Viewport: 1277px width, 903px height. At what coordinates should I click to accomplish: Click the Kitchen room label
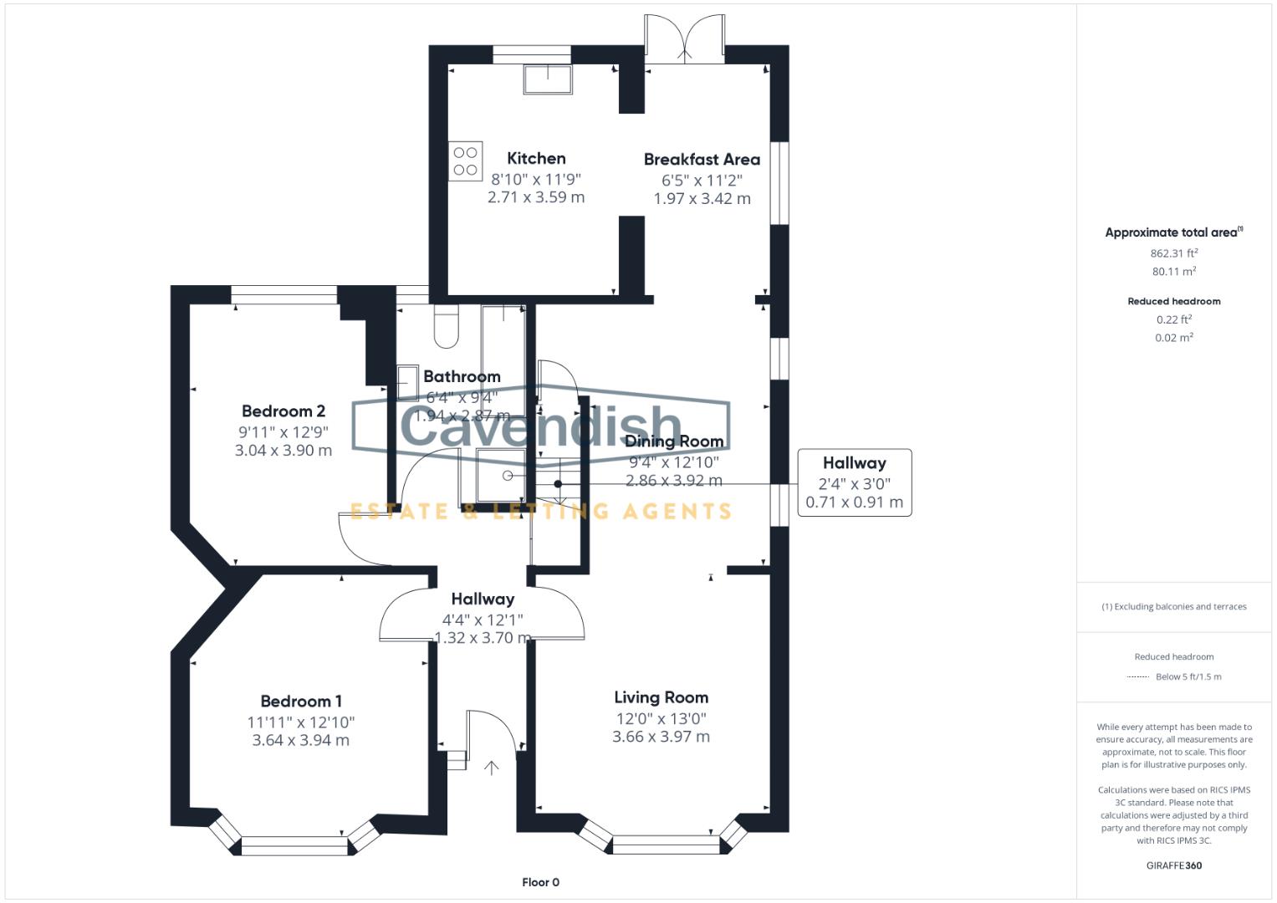tap(536, 158)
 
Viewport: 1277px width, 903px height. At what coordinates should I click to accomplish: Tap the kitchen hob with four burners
tap(465, 161)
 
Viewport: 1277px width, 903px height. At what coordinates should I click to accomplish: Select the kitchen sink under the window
tap(548, 79)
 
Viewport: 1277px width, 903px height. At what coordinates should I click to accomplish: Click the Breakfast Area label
tap(702, 159)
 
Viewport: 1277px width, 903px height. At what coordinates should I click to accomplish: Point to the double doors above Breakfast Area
tap(684, 40)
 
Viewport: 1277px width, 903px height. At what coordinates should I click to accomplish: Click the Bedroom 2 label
tap(283, 411)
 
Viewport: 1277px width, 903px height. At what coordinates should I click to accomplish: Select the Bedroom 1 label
tap(301, 701)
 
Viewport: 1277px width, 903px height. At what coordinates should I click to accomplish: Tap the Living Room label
tap(661, 696)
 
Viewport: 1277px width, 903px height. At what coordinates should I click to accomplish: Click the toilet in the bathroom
tap(447, 327)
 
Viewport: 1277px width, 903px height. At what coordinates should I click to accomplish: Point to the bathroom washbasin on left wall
tap(407, 382)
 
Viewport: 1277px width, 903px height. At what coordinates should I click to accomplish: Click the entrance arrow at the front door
tap(491, 768)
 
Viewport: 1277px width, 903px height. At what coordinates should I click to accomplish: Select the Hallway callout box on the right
tap(854, 482)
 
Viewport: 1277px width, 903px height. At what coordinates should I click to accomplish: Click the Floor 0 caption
tap(540, 882)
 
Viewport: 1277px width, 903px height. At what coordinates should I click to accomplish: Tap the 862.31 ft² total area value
tap(1173, 253)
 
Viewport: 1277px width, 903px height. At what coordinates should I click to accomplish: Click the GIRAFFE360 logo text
tap(1173, 865)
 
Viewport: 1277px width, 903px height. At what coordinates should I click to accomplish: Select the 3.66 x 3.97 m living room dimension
tap(661, 737)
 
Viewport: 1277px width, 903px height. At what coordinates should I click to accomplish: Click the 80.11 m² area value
tap(1173, 271)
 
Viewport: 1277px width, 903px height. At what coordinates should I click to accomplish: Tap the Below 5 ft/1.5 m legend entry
tap(1188, 676)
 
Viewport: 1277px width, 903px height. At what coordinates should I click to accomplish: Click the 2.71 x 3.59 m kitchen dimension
tap(536, 197)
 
